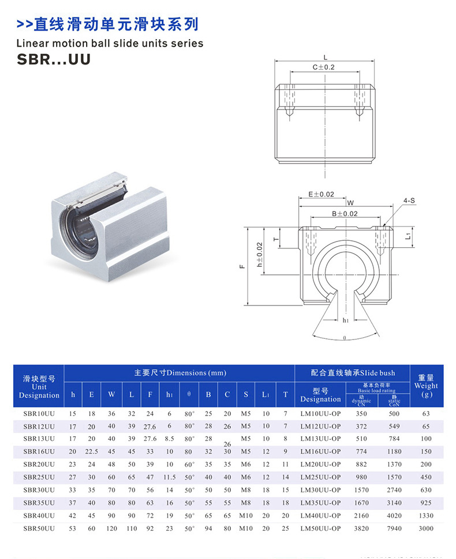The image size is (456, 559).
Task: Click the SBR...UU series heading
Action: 53,59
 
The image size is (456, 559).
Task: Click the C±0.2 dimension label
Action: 324,67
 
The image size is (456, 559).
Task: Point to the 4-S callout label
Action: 409,201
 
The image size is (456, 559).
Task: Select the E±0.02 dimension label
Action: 322,194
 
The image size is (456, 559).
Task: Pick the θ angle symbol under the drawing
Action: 344,339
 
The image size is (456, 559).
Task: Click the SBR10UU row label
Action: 39,414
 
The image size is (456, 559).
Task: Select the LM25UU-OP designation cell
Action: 320,477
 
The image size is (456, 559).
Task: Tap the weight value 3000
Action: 427,528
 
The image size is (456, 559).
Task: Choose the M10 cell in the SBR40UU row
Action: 246,515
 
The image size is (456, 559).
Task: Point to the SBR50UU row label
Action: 39,528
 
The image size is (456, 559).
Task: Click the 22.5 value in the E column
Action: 91,452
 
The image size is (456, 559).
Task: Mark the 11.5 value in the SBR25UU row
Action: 169,477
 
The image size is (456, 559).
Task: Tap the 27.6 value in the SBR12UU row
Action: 150,426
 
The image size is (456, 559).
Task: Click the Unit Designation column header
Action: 39,387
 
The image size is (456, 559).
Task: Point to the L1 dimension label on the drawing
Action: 408,236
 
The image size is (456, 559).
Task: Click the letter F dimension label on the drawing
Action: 242,266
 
